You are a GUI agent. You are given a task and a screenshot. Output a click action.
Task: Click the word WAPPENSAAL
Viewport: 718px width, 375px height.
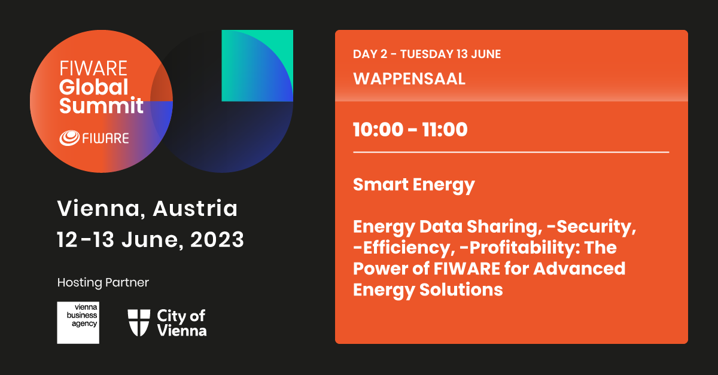pyautogui.click(x=409, y=79)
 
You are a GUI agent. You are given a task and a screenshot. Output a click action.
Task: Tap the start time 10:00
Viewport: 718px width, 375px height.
pyautogui.click(x=378, y=130)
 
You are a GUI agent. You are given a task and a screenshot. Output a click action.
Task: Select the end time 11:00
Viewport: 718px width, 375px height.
pyautogui.click(x=445, y=130)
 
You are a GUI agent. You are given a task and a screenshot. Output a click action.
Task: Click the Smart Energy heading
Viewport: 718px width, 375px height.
pyautogui.click(x=413, y=185)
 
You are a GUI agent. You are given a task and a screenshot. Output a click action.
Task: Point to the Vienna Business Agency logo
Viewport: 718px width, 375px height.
pyautogui.click(x=78, y=322)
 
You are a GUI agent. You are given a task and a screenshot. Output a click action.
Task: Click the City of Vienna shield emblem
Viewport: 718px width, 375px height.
pyautogui.click(x=139, y=322)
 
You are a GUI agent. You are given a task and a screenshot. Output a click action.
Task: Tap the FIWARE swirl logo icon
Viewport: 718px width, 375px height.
pyautogui.click(x=69, y=138)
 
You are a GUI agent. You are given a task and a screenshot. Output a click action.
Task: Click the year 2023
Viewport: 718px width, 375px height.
pyautogui.click(x=217, y=239)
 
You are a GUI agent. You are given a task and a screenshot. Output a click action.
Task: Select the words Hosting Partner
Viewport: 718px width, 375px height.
pyautogui.click(x=103, y=282)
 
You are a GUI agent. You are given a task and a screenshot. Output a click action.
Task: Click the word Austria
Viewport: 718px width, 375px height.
pyautogui.click(x=195, y=208)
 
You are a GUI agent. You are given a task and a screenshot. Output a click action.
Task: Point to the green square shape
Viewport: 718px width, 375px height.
pyautogui.click(x=257, y=66)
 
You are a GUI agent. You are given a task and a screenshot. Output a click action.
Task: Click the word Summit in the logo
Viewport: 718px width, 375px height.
pyautogui.click(x=101, y=105)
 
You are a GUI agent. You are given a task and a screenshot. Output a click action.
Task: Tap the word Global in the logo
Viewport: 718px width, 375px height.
pyautogui.click(x=93, y=87)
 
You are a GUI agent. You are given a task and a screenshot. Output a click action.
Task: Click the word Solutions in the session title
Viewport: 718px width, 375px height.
pyautogui.click(x=461, y=289)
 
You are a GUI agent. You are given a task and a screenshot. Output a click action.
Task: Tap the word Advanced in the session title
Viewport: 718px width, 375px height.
pyautogui.click(x=579, y=269)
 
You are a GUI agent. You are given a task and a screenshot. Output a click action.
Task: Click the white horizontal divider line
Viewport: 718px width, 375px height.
pyautogui.click(x=511, y=153)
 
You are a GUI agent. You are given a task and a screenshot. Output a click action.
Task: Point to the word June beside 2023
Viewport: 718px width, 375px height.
pyautogui.click(x=150, y=240)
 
